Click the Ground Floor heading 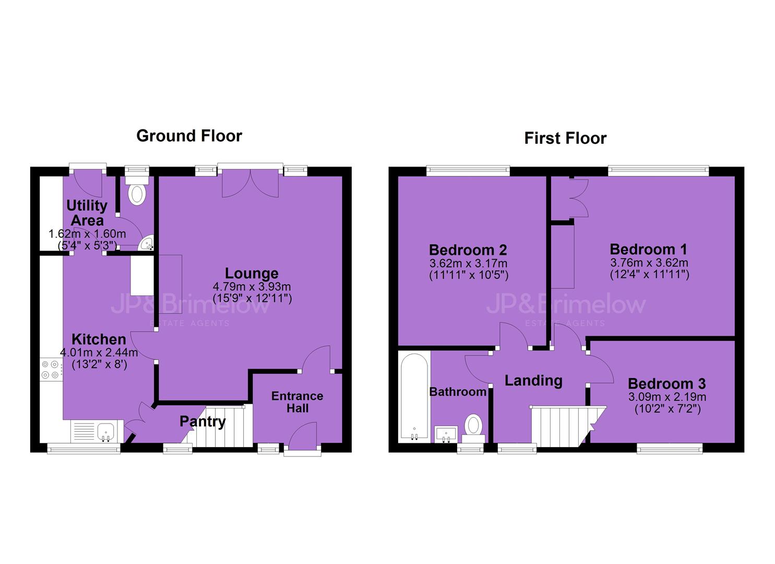click(189, 136)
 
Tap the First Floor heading click(565, 138)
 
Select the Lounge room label click(252, 273)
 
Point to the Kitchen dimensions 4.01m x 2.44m click(99, 352)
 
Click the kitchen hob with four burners click(51, 369)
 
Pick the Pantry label click(202, 422)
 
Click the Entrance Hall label click(297, 402)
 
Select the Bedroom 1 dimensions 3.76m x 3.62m click(649, 262)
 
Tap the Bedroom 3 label click(667, 384)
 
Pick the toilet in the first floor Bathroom click(474, 428)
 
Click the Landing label click(533, 381)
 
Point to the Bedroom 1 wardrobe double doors click(578, 198)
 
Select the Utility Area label click(87, 213)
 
